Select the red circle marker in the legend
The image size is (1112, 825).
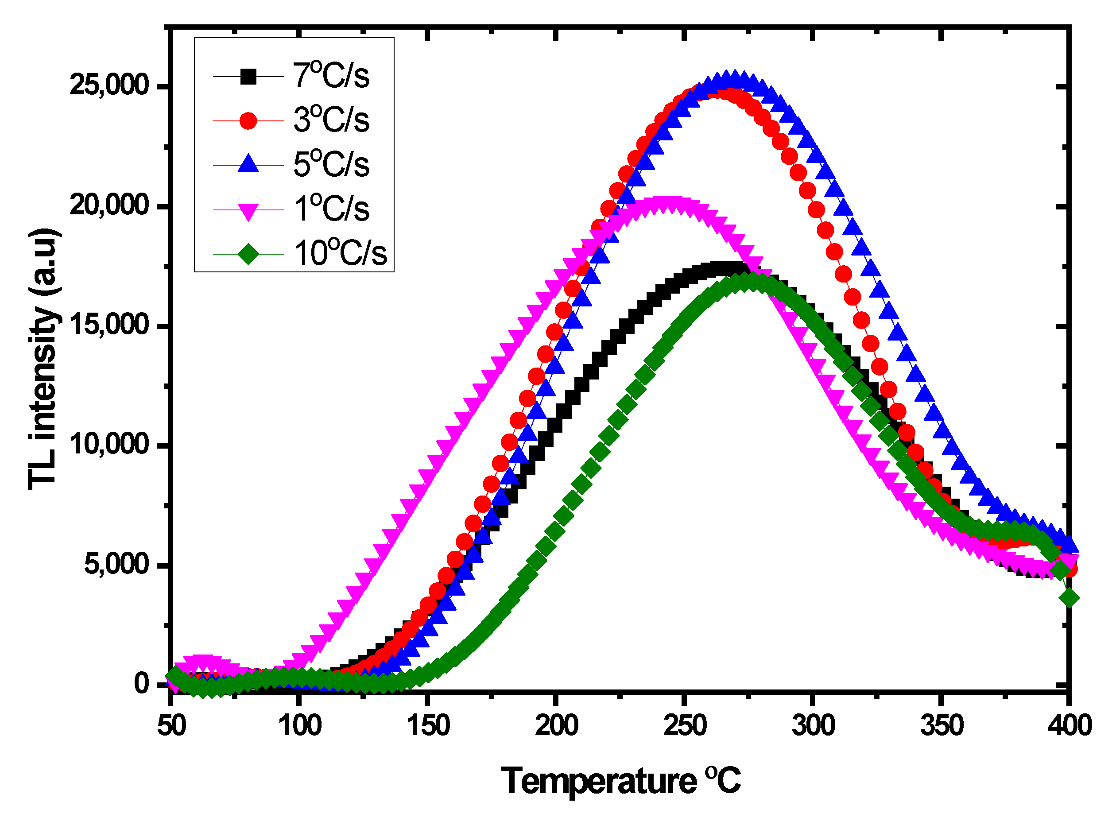click(248, 120)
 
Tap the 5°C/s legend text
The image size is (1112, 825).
click(330, 164)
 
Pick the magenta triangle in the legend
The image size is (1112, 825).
click(248, 210)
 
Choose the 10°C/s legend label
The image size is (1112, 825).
click(340, 253)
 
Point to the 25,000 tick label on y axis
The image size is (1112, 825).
click(109, 85)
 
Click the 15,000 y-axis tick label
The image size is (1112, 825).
click(109, 325)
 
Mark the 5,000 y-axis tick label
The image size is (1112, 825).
click(116, 564)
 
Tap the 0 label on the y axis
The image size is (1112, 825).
click(142, 683)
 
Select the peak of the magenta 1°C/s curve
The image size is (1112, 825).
click(666, 205)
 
